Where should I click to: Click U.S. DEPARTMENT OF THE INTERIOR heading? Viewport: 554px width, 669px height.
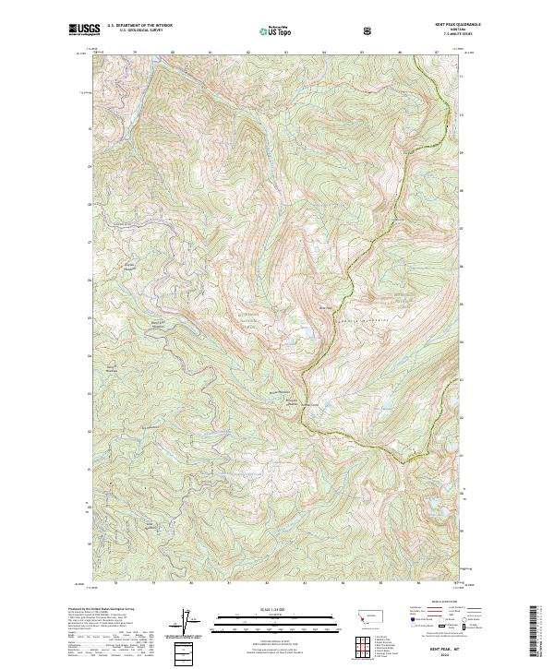click(140, 25)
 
